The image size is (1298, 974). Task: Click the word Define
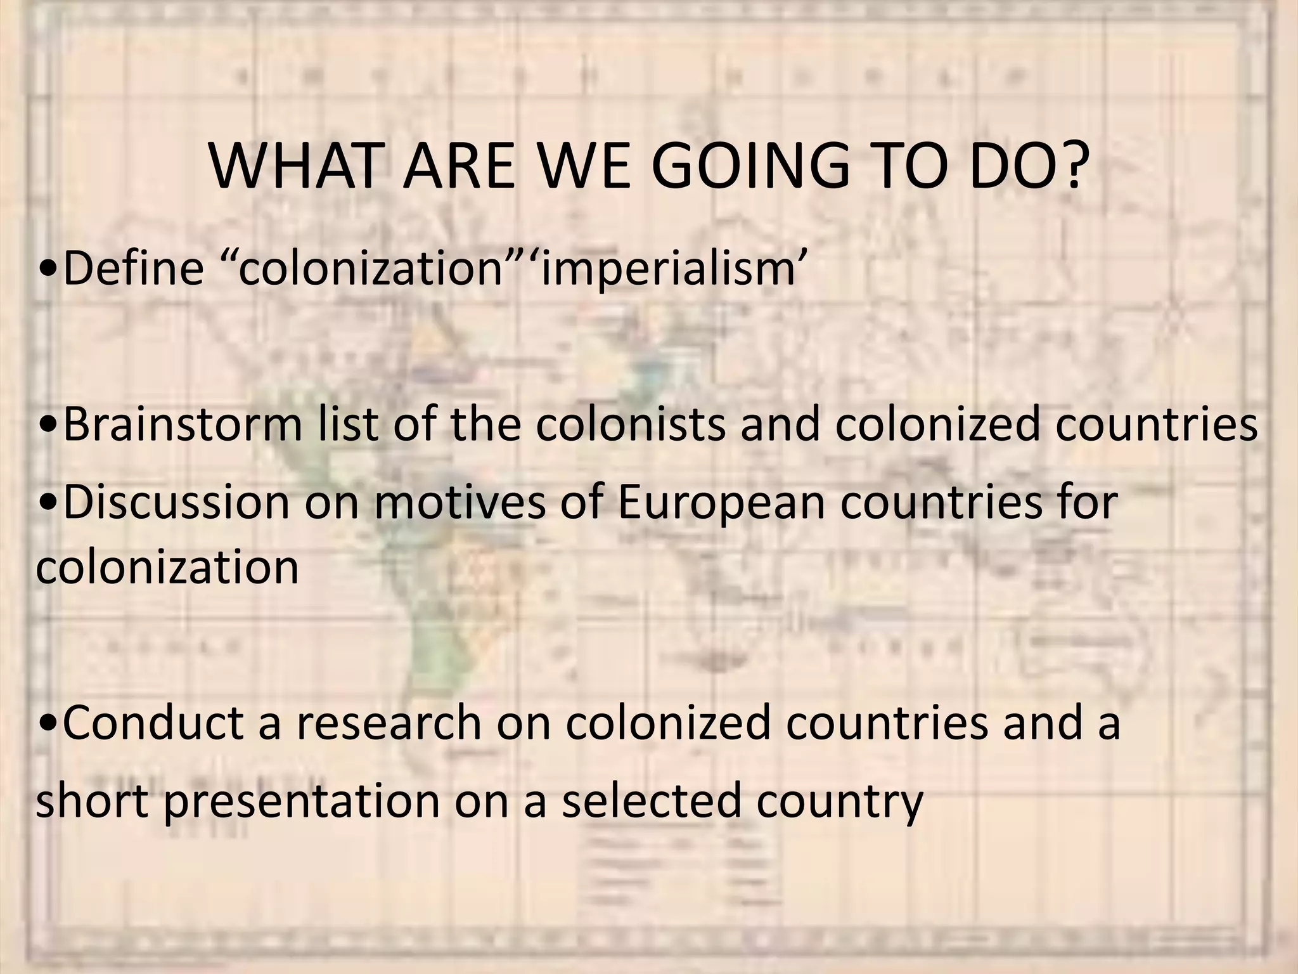point(134,268)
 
